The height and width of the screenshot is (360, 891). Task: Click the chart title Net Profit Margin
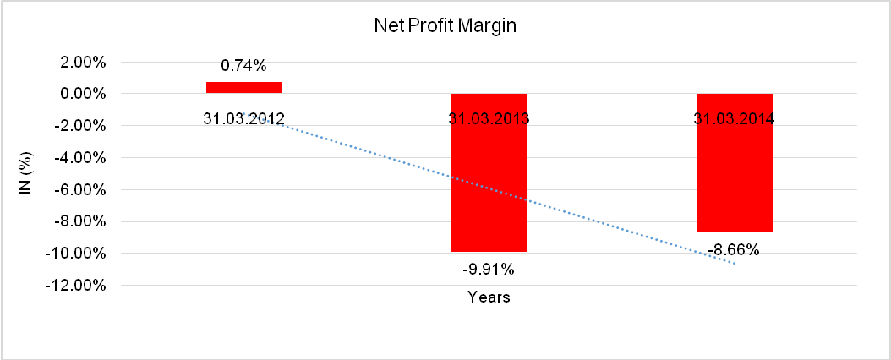click(445, 26)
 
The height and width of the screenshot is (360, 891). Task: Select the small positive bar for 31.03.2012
click(244, 87)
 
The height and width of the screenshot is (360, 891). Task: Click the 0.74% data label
click(244, 65)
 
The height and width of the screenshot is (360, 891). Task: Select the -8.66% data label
click(734, 249)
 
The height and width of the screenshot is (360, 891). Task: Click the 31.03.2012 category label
click(244, 118)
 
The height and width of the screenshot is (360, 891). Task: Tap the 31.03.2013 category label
click(489, 118)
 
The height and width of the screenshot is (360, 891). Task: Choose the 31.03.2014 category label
click(734, 118)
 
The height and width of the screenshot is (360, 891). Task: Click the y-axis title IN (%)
click(25, 173)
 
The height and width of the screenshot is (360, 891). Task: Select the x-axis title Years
click(489, 297)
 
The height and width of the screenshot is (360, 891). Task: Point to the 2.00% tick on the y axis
click(82, 62)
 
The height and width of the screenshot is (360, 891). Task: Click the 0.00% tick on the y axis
click(82, 94)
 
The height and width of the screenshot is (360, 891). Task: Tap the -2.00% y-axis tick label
click(80, 126)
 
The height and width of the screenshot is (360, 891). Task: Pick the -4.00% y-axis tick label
click(80, 157)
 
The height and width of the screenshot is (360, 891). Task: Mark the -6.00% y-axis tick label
click(80, 189)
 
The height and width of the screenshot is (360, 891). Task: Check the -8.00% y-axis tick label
click(80, 221)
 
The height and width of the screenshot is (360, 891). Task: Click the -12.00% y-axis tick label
click(78, 285)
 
